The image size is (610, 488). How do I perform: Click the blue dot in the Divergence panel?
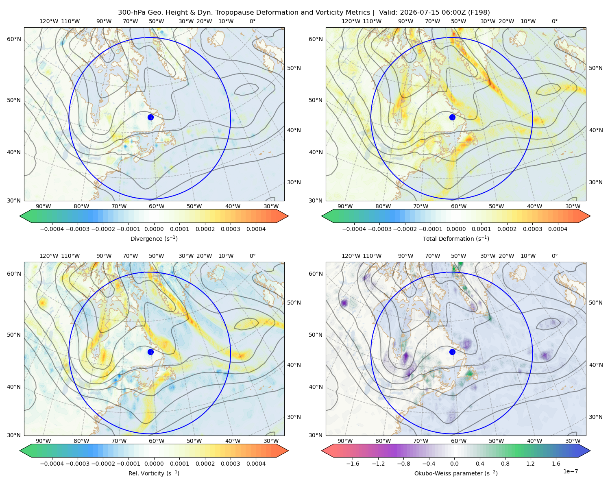tap(150, 117)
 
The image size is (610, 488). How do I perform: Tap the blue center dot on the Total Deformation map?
tap(452, 117)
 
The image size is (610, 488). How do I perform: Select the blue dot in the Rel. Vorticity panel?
tap(150, 352)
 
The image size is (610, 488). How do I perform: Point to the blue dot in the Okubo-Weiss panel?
tap(452, 352)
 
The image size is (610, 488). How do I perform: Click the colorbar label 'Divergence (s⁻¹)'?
tap(154, 239)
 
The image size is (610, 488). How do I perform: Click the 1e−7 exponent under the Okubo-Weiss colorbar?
tap(570, 472)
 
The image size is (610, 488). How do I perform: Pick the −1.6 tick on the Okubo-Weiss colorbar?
tap(353, 464)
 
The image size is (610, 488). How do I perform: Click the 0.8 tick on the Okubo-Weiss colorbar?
tap(505, 464)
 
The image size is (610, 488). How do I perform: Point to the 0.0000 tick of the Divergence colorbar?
tap(154, 229)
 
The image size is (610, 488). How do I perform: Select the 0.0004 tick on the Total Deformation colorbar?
tap(558, 229)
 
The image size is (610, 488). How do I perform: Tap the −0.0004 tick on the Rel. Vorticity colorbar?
tap(52, 464)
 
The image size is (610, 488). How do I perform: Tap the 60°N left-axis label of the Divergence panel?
tap(14, 39)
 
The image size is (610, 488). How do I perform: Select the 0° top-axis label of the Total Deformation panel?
tap(554, 21)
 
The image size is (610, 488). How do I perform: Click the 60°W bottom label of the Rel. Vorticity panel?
tap(157, 441)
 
